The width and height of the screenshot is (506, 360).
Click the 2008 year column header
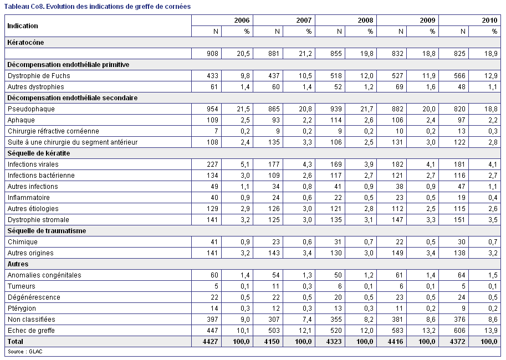pyautogui.click(x=365, y=20)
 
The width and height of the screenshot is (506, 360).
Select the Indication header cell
pyautogui.click(x=23, y=26)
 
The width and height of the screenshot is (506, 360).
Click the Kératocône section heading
pyautogui.click(x=25, y=43)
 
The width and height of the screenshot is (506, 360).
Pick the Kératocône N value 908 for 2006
pyautogui.click(x=212, y=54)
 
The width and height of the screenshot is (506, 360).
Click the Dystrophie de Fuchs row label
pyautogui.click(x=39, y=76)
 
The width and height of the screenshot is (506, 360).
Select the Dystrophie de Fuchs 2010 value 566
pyautogui.click(x=459, y=76)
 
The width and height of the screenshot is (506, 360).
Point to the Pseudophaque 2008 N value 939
pyautogui.click(x=336, y=109)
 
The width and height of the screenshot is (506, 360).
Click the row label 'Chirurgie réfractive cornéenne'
pyautogui.click(x=53, y=131)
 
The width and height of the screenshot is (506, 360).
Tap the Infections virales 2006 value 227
pyautogui.click(x=212, y=164)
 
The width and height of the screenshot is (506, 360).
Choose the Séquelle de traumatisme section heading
pyautogui.click(x=47, y=231)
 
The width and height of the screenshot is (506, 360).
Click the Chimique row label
pyautogui.click(x=23, y=242)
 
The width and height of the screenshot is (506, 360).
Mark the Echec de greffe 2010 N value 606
pyautogui.click(x=459, y=331)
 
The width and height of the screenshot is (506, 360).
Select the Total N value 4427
pyautogui.click(x=211, y=342)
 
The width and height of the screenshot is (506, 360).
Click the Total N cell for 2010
pyautogui.click(x=458, y=342)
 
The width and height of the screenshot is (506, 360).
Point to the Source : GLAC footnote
pyautogui.click(x=25, y=352)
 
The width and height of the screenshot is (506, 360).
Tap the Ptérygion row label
pyautogui.click(x=22, y=308)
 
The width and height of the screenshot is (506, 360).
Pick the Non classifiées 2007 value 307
pyautogui.click(x=274, y=320)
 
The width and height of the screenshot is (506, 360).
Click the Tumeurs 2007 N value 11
pyautogui.click(x=276, y=286)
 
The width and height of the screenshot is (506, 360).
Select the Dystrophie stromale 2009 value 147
pyautogui.click(x=397, y=220)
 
